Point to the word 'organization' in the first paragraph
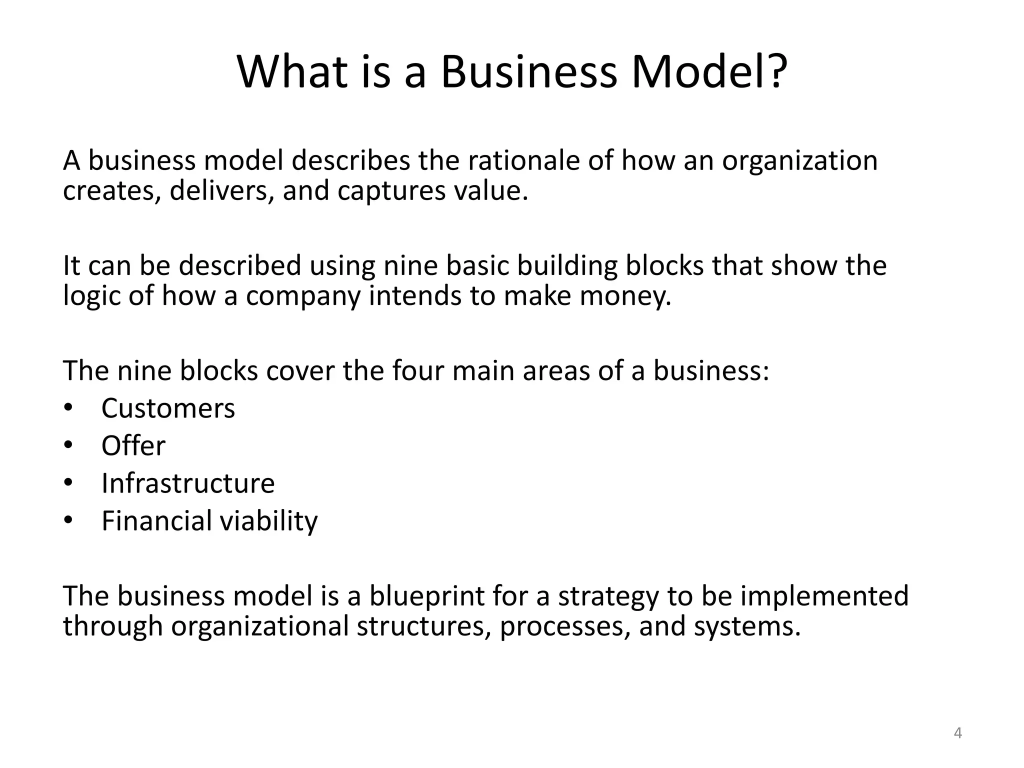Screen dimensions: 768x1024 click(799, 161)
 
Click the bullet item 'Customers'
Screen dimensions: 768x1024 click(168, 408)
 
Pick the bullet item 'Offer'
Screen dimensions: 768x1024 click(133, 445)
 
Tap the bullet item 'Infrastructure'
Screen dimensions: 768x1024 click(188, 483)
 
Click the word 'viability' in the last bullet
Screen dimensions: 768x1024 click(269, 521)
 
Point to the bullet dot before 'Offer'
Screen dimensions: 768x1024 click(68, 444)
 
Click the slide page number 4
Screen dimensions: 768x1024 click(957, 733)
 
